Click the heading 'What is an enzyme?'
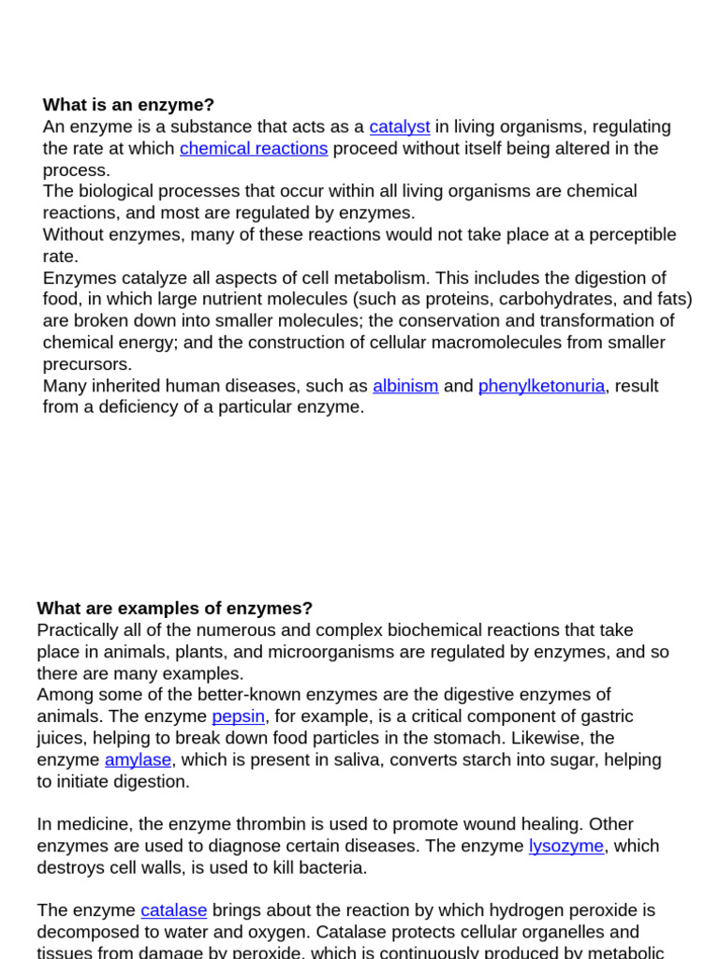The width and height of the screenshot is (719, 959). [128, 105]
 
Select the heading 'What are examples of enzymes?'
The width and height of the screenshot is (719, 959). [174, 609]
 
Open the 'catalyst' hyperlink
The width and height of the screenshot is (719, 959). [399, 126]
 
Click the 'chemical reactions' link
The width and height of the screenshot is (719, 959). [254, 148]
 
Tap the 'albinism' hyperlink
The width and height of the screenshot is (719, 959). [405, 386]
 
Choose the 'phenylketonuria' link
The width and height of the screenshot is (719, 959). [541, 386]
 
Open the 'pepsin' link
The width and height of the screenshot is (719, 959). [238, 716]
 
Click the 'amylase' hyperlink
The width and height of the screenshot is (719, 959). [138, 760]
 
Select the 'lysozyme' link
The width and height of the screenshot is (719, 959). [565, 846]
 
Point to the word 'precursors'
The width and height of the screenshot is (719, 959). [87, 364]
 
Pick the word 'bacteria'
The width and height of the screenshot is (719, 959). [330, 867]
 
